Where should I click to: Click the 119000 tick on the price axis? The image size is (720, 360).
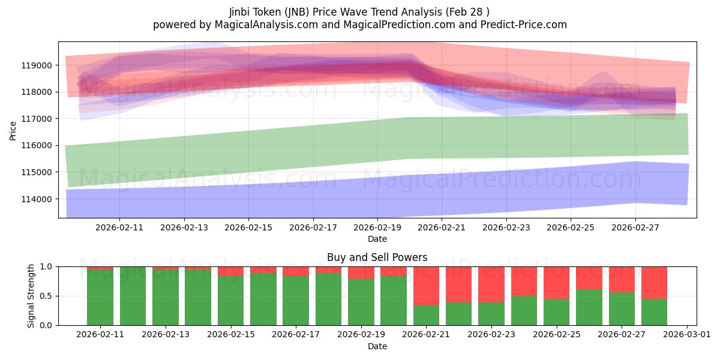point(37,65)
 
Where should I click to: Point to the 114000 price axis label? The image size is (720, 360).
point(37,199)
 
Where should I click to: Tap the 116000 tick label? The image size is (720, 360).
point(37,146)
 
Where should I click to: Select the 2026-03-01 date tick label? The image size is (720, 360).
point(687,335)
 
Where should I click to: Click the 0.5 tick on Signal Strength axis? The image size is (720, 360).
point(46,296)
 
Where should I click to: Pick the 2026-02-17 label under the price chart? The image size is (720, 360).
point(313,227)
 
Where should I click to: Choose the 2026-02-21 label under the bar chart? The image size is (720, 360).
point(426,335)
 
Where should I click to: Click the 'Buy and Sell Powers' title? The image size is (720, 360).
point(377,257)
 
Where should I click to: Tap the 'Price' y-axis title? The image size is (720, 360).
point(13,131)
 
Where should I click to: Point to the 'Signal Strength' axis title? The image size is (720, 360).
point(31,296)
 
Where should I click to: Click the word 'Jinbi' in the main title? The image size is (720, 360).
point(239,12)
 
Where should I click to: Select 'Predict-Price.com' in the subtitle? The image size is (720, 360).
point(524,25)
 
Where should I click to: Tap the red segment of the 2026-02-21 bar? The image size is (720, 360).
point(426,286)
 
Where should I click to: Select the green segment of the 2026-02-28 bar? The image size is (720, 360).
point(654,312)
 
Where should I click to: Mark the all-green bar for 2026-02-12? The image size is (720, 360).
point(133,296)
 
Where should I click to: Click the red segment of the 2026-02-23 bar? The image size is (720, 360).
point(491,284)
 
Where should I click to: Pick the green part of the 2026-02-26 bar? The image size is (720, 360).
point(589,307)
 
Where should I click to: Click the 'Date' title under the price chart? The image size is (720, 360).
point(377,239)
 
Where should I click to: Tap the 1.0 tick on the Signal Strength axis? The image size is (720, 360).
point(46,267)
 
